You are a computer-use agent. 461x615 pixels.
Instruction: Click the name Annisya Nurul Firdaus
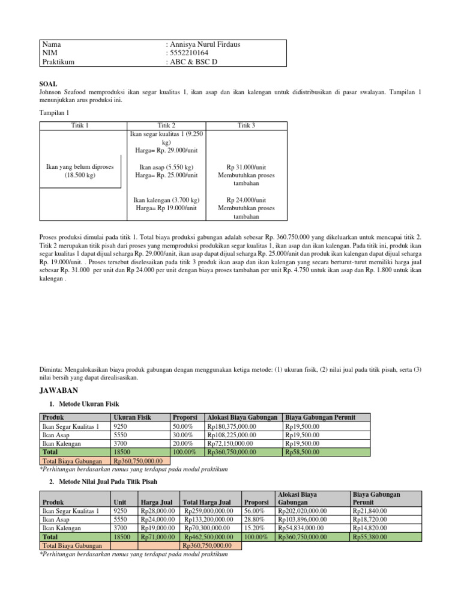201,44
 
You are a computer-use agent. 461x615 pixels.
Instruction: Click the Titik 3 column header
246,125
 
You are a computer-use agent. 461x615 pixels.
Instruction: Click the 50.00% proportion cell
182,426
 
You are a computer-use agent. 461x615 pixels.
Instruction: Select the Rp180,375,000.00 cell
232,426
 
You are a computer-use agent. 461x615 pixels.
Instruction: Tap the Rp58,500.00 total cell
303,452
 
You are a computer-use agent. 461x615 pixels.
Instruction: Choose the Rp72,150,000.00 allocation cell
230,443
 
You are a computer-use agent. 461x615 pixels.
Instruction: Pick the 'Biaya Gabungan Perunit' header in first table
321,417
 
